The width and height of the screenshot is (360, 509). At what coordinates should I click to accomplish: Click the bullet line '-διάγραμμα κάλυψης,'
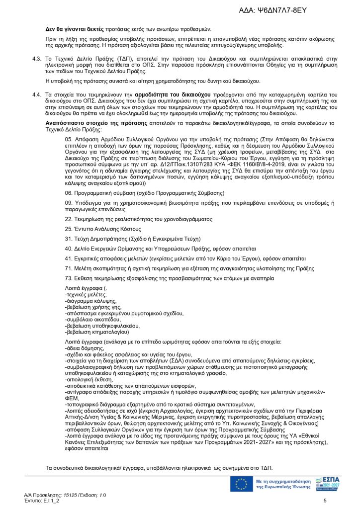[89, 301]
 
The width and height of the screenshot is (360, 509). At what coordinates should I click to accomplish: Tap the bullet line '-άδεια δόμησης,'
[85, 349]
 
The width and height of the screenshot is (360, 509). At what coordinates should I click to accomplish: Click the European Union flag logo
[242, 484]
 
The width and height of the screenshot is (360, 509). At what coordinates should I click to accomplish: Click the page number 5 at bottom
[325, 501]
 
